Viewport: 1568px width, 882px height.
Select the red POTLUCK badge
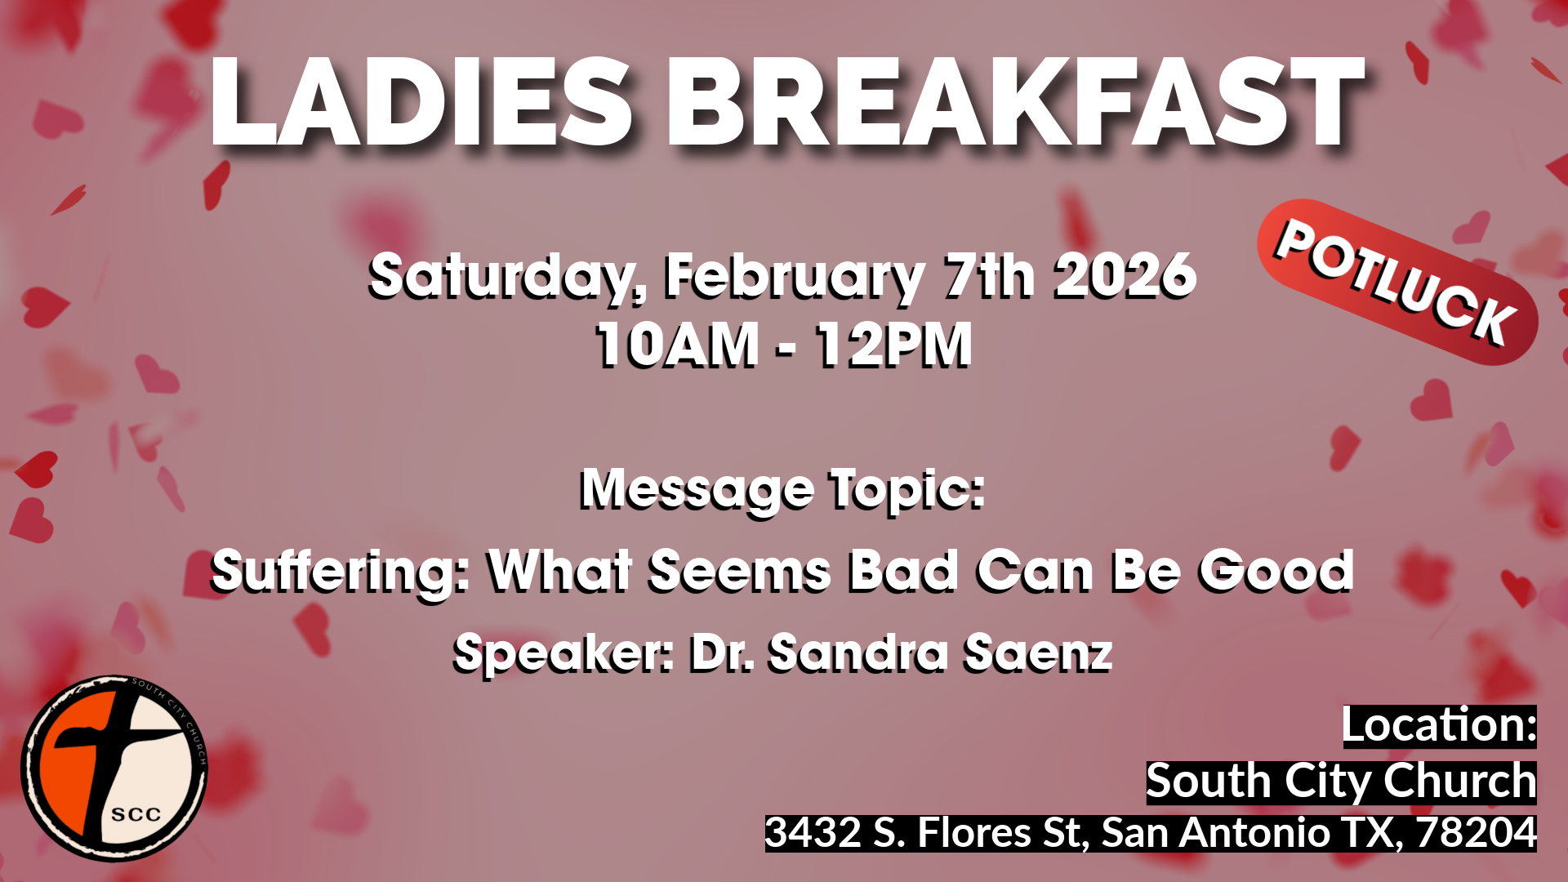click(x=1396, y=282)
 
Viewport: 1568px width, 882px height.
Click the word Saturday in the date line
click(x=500, y=276)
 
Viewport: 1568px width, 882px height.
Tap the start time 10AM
click(x=677, y=345)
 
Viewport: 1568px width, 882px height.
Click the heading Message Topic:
click(x=782, y=489)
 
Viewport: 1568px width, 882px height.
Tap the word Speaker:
click(x=563, y=653)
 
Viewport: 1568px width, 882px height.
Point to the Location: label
click(x=1439, y=726)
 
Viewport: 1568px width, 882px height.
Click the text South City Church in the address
click(x=1341, y=782)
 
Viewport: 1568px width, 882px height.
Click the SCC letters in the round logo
click(x=136, y=814)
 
